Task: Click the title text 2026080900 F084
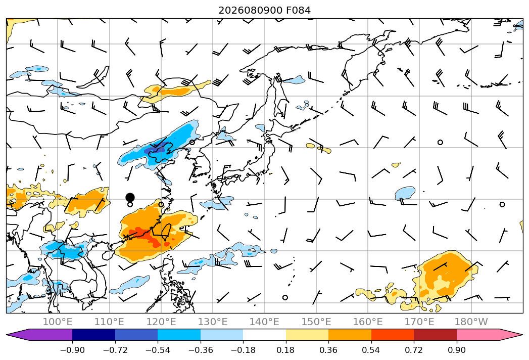pyautogui.click(x=264, y=10)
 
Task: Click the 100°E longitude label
pyautogui.click(x=58, y=322)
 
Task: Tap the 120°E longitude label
pyautogui.click(x=161, y=322)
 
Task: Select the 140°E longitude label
pyautogui.click(x=264, y=322)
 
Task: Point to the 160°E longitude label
pyautogui.click(x=368, y=322)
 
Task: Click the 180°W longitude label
pyautogui.click(x=471, y=322)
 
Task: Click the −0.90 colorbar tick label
pyautogui.click(x=72, y=350)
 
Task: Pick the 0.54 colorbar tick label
pyautogui.click(x=371, y=350)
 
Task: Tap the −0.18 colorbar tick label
pyautogui.click(x=243, y=350)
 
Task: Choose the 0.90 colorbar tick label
pyautogui.click(x=456, y=350)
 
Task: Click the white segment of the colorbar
pyautogui.click(x=265, y=335)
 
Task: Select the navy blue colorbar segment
pyautogui.click(x=94, y=335)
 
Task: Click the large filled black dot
pyautogui.click(x=130, y=197)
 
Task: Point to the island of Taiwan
pyautogui.click(x=165, y=233)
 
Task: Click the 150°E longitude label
pyautogui.click(x=316, y=322)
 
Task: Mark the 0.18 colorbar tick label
pyautogui.click(x=286, y=350)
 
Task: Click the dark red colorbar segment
pyautogui.click(x=435, y=335)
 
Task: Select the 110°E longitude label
pyautogui.click(x=109, y=322)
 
